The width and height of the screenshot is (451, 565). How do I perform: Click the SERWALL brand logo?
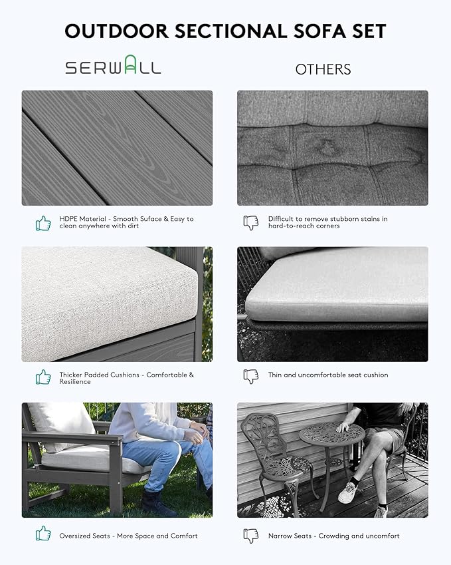click(113, 65)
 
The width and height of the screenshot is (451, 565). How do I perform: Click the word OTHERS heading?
click(323, 69)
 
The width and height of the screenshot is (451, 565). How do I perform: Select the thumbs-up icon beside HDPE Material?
click(43, 223)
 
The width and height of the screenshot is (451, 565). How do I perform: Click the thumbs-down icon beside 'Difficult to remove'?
click(251, 223)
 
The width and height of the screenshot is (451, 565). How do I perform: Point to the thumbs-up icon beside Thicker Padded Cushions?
click(43, 377)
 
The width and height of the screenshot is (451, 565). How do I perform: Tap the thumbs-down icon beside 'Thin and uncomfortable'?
click(251, 377)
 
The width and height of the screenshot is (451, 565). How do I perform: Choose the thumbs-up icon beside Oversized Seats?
click(43, 533)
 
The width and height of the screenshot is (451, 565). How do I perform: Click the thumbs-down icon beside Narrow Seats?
click(251, 536)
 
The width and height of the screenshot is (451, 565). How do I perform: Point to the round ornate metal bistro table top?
click(331, 434)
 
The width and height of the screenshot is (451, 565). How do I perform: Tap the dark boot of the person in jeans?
click(157, 503)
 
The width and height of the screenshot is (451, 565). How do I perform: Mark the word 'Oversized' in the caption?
click(84, 536)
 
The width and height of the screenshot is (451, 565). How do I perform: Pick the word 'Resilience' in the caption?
click(75, 381)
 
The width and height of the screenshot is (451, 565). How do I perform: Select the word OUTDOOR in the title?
click(117, 31)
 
